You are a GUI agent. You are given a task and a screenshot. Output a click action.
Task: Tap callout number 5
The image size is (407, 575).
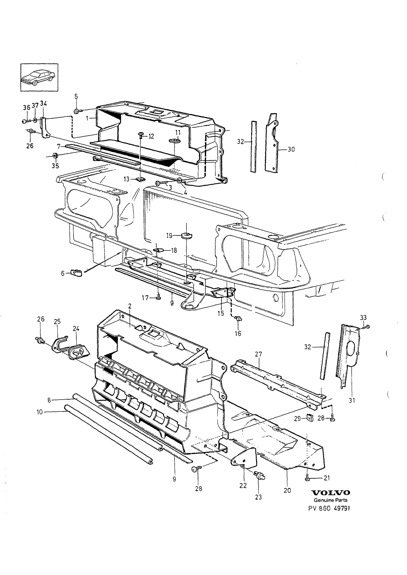coord(76,97)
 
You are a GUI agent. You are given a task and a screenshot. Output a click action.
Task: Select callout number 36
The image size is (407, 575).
coord(26,108)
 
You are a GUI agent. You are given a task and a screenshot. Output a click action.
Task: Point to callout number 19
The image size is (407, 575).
coord(169,236)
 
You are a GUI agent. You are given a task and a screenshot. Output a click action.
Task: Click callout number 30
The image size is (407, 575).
coord(291,149)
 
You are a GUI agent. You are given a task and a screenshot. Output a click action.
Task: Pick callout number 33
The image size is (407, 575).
coord(363,317)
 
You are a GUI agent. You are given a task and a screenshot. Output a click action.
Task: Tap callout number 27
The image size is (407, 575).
coord(258,354)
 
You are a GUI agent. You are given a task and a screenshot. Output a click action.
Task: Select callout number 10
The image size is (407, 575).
coord(40,412)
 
